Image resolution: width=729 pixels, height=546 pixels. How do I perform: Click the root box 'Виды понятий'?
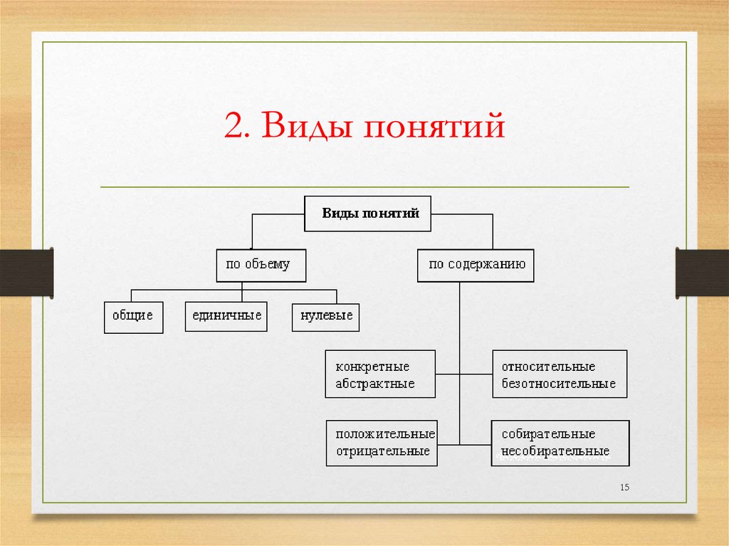pyautogui.click(x=367, y=214)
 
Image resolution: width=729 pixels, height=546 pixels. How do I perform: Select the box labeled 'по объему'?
pyautogui.click(x=261, y=265)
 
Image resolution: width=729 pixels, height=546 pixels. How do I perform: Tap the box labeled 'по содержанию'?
pyautogui.click(x=476, y=264)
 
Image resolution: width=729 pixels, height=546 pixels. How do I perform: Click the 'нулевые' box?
pyautogui.click(x=325, y=316)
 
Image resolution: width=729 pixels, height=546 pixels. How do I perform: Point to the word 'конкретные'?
pyautogui.click(x=372, y=367)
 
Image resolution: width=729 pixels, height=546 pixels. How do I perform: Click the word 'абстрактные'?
pyautogui.click(x=375, y=384)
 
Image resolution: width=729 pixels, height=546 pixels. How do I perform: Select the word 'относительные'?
pyautogui.click(x=547, y=367)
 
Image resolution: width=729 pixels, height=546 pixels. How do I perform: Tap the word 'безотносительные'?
pyautogui.click(x=558, y=384)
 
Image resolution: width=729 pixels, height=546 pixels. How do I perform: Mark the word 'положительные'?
pyautogui.click(x=385, y=434)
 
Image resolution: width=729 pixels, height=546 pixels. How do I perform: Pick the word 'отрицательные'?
pyautogui.click(x=382, y=451)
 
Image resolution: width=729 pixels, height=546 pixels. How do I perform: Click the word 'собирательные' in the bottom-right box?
pyautogui.click(x=547, y=434)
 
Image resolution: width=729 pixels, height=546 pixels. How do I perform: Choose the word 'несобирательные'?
pyautogui.click(x=555, y=451)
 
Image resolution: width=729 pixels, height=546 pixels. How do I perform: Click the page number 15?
pyautogui.click(x=625, y=487)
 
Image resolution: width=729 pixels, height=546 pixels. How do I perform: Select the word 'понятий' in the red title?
pyautogui.click(x=434, y=129)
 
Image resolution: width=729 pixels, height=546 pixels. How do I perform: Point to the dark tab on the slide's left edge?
pyautogui.click(x=26, y=272)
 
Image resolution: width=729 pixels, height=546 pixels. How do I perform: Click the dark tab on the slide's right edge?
pyautogui.click(x=702, y=272)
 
